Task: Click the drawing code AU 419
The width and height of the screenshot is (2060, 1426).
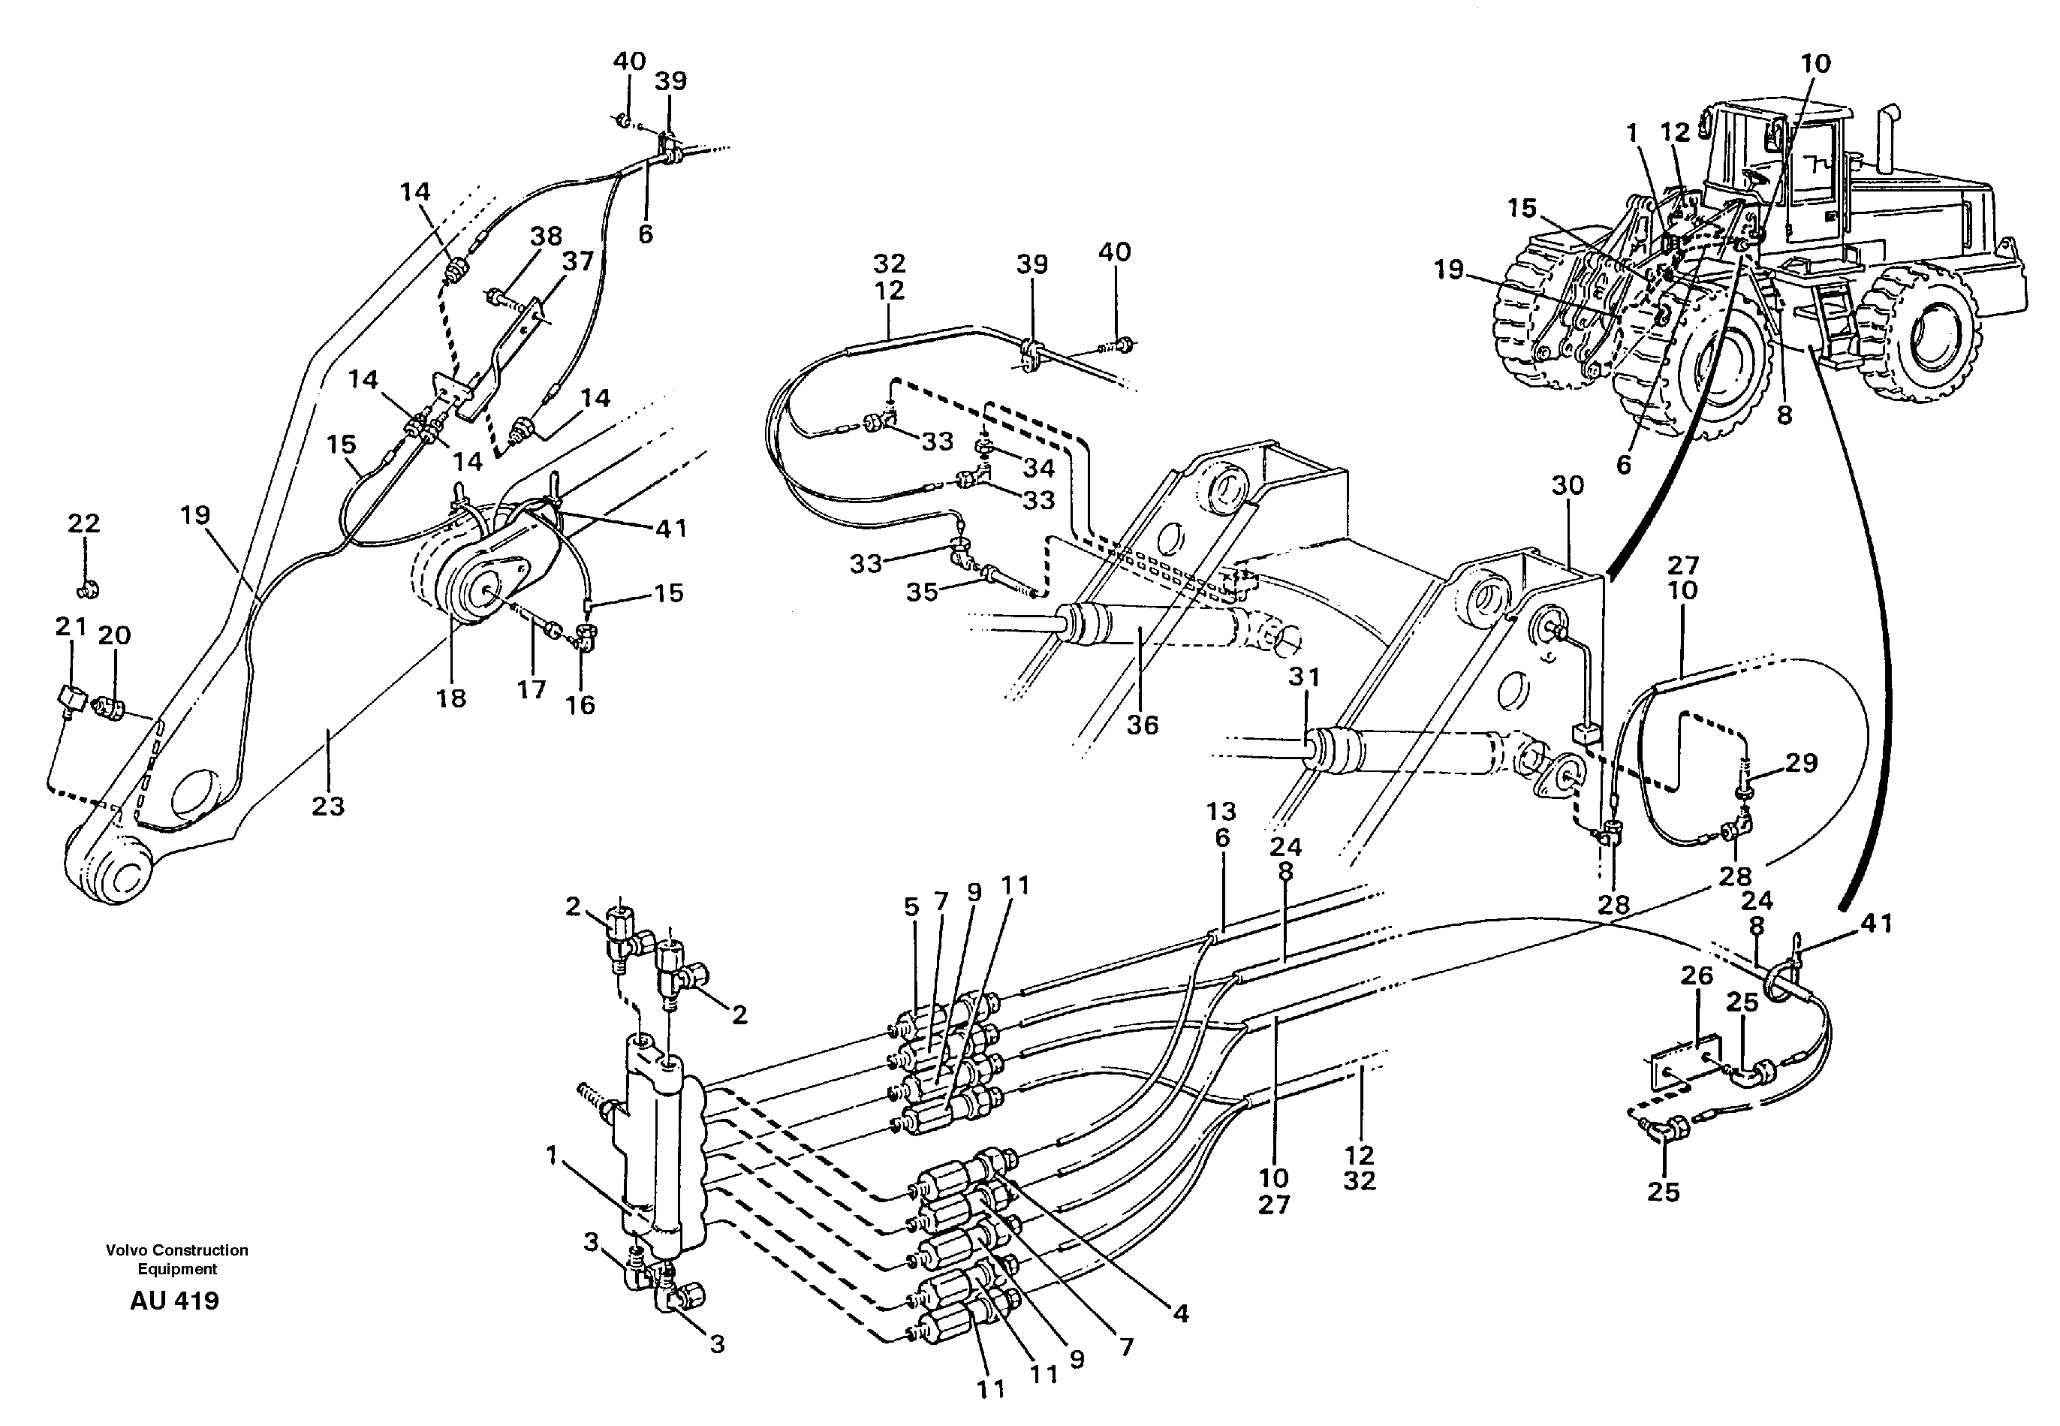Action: [x=174, y=1301]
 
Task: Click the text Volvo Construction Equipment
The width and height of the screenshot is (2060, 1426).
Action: [x=177, y=1259]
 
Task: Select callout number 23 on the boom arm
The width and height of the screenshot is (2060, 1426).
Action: [x=328, y=806]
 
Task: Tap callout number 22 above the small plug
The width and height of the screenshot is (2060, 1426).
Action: [x=84, y=523]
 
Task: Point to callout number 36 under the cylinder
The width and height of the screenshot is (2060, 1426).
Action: [x=1142, y=725]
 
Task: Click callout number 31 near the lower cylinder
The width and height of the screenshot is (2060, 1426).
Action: [x=1304, y=677]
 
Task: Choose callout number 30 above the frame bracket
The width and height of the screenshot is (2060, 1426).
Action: [x=1568, y=485]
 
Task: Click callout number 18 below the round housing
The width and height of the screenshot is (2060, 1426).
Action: [x=451, y=698]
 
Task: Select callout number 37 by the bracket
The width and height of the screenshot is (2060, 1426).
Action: [x=578, y=262]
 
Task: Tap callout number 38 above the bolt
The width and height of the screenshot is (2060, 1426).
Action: [x=546, y=237]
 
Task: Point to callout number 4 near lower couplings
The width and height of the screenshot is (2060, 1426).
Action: [x=1181, y=1313]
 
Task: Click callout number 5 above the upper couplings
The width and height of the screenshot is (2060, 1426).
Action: [x=911, y=907]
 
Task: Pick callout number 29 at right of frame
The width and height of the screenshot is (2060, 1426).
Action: [x=1801, y=762]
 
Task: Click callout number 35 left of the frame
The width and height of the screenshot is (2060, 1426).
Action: [x=923, y=592]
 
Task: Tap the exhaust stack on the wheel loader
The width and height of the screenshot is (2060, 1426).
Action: [x=1889, y=143]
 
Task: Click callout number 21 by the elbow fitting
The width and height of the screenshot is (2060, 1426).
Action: [x=71, y=627]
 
